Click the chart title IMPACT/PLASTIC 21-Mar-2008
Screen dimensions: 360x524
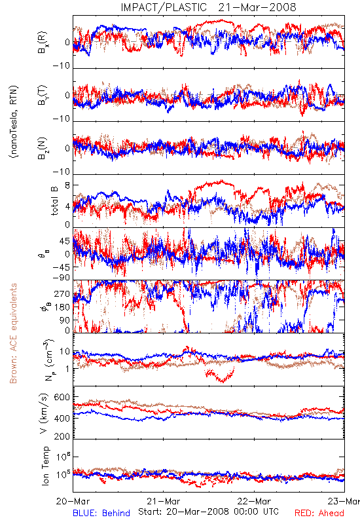[x=208, y=7]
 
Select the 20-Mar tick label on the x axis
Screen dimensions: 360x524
[x=73, y=501]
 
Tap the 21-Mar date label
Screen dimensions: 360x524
[x=163, y=501]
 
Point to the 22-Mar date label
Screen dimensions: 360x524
[x=254, y=501]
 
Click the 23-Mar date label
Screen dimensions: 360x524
[x=344, y=501]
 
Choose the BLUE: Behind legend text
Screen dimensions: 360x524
[x=101, y=514]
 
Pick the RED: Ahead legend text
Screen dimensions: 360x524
[x=319, y=514]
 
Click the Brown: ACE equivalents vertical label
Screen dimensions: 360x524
[x=13, y=333]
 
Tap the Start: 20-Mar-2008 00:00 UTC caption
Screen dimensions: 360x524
[x=208, y=512]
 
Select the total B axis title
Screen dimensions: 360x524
[x=54, y=201]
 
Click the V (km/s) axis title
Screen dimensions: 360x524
[x=44, y=413]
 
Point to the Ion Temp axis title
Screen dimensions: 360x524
[x=45, y=466]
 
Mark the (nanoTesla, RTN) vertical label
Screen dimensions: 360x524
[x=14, y=122]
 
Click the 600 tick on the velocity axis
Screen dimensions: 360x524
[x=62, y=398]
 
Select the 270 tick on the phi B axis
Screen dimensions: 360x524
[x=62, y=294]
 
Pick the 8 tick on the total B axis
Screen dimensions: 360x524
[x=67, y=185]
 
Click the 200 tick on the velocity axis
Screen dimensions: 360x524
[x=62, y=436]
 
